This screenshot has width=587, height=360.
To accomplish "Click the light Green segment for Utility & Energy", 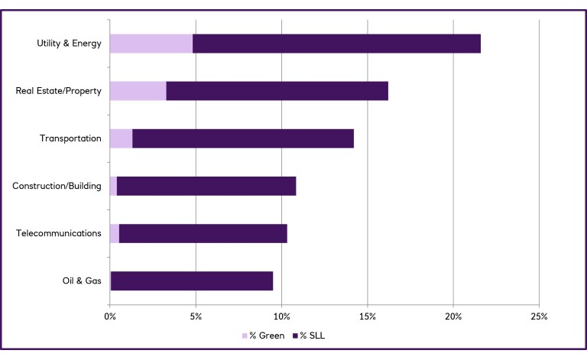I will [x=151, y=44].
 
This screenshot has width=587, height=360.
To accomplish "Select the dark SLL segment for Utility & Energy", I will [x=336, y=44].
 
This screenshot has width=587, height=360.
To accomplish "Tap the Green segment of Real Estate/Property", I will [x=138, y=91].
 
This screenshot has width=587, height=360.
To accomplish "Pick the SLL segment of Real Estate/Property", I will [x=277, y=91].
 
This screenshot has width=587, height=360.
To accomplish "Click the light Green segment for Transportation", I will [x=121, y=138].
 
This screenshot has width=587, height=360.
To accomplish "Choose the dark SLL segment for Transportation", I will [x=243, y=138].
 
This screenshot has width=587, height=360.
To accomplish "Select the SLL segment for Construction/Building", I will [x=206, y=186].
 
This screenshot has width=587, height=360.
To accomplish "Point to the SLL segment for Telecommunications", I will [x=203, y=233].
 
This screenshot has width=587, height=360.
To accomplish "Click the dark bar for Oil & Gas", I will [x=192, y=281].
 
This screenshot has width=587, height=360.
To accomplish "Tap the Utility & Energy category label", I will [x=69, y=44].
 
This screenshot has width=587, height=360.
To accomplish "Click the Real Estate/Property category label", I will [x=59, y=91].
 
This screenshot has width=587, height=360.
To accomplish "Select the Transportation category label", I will [x=70, y=138].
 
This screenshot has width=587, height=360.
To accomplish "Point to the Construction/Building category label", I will [x=57, y=186].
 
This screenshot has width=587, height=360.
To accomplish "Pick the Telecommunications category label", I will [x=59, y=233].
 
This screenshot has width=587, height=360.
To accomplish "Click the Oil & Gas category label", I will [x=82, y=281].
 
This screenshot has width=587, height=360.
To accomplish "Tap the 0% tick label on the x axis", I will [x=110, y=315].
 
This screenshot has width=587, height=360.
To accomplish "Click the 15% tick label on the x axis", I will [x=368, y=315].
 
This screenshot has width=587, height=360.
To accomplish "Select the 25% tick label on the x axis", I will [x=539, y=315].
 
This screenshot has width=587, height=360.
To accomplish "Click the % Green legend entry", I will [x=263, y=335].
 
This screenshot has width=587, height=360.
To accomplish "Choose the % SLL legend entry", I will [x=314, y=335].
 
